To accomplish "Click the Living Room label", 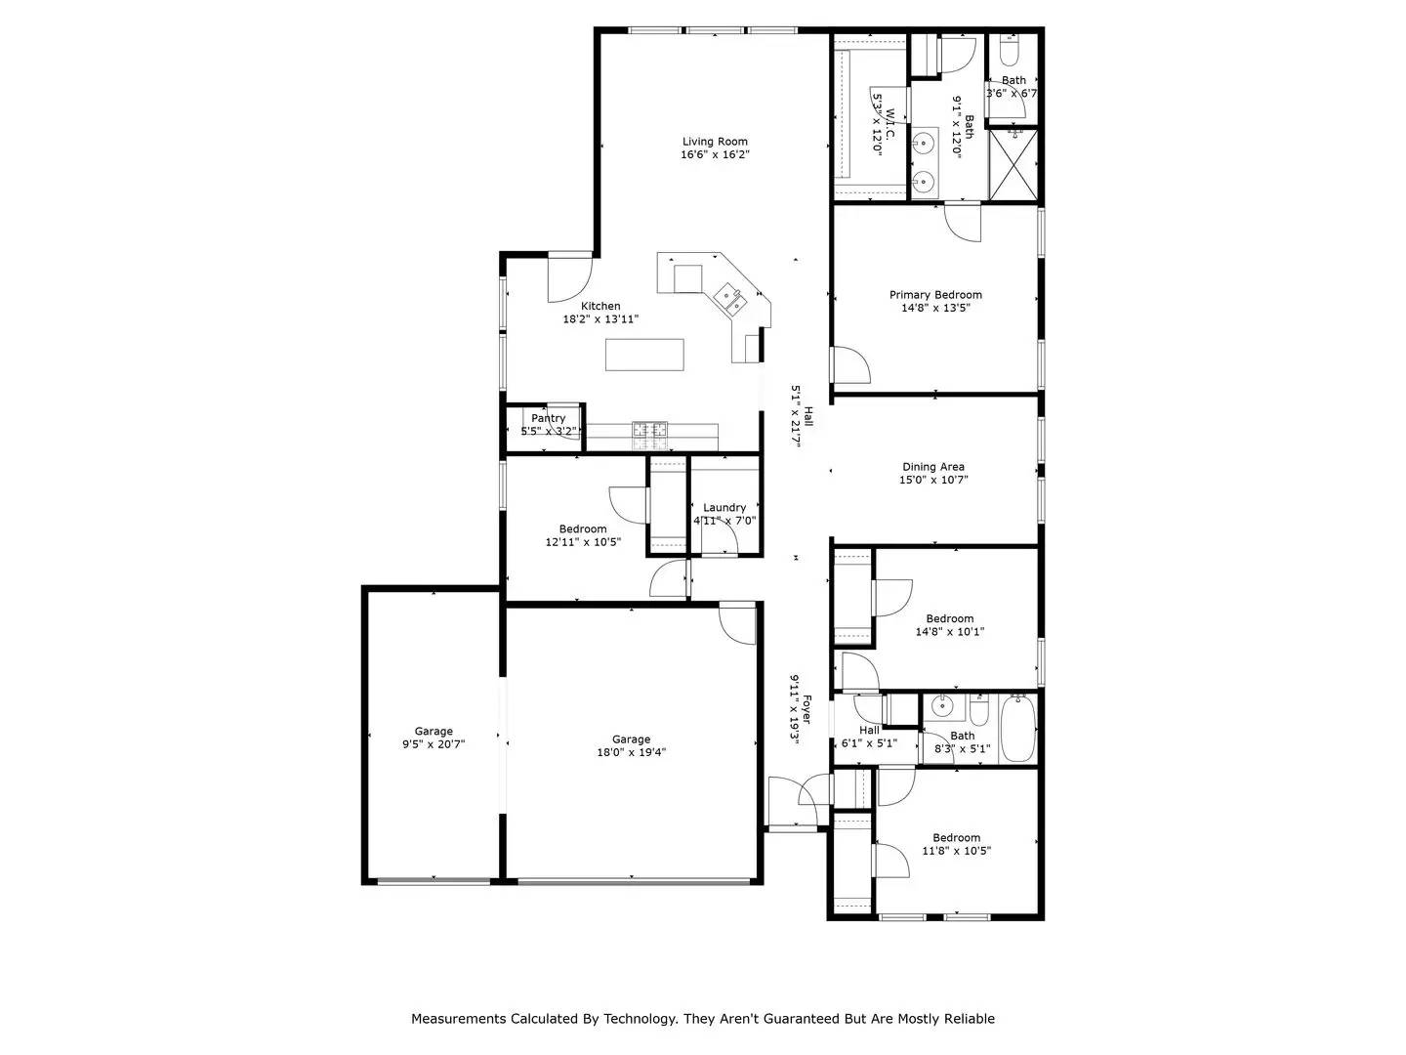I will pos(715,142).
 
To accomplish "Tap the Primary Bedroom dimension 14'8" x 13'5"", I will pos(935,308).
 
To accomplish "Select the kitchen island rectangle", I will pos(644,354).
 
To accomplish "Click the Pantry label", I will pos(548,418).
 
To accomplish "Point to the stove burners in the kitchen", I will pos(649,429).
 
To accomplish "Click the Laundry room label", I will pos(724,507).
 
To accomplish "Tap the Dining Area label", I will pos(932,467).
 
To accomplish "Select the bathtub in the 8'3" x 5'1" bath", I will pos(1017,728).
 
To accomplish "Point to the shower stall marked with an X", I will pos(1013,163).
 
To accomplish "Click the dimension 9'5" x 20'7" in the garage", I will pos(434,744).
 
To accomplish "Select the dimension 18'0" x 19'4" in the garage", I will pos(631,752).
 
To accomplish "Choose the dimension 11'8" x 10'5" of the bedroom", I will pos(956,851).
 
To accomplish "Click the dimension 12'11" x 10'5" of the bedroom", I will pos(583,542).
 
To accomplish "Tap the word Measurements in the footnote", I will pos(459,1019).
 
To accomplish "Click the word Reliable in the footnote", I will pos(967,1019).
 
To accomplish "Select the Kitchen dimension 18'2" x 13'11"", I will pos(600,318).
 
